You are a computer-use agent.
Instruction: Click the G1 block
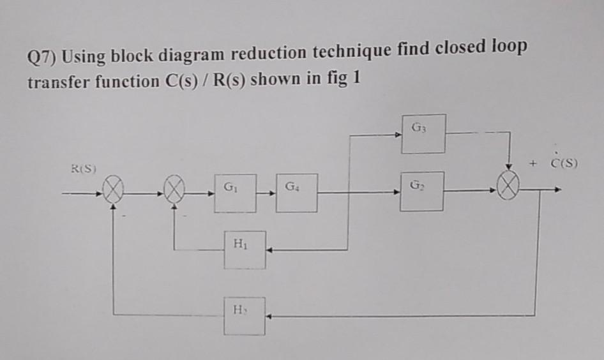click(235, 193)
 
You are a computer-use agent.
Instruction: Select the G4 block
click(297, 193)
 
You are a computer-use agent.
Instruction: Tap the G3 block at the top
click(423, 134)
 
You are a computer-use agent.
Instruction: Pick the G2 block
click(422, 191)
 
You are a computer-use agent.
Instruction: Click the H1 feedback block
click(245, 249)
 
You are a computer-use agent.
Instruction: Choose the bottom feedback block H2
click(244, 315)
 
